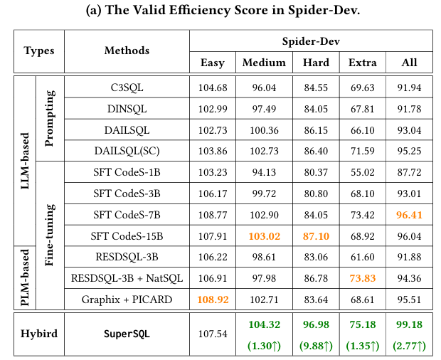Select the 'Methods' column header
click(127, 51)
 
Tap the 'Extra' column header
click(363, 63)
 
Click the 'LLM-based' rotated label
click(25, 161)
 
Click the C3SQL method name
click(127, 88)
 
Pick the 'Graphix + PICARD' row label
click(127, 300)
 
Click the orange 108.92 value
click(213, 300)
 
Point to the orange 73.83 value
click(363, 277)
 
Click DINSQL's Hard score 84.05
click(316, 108)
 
